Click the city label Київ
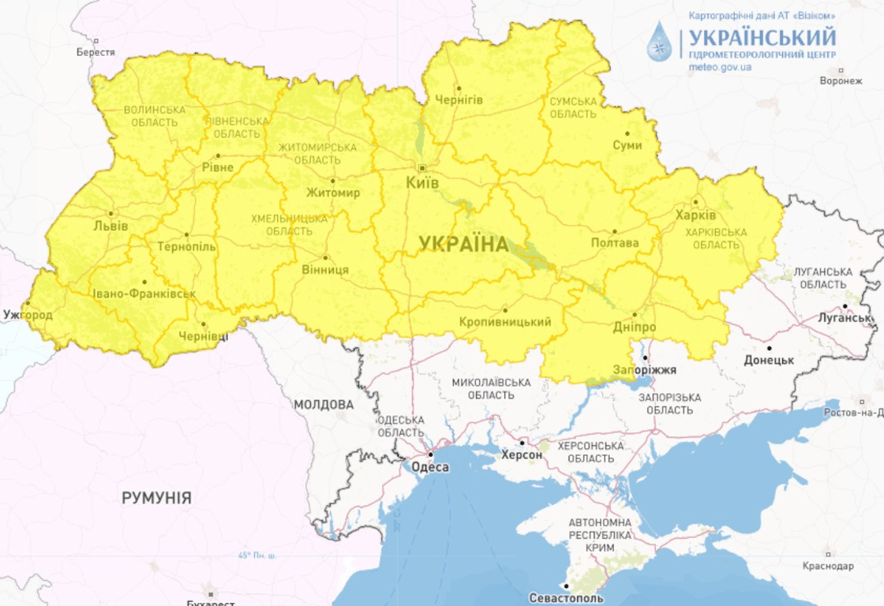[423, 182]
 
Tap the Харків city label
[695, 215]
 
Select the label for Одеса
[430, 468]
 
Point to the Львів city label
[110, 226]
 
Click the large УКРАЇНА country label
[463, 245]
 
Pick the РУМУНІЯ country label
[156, 498]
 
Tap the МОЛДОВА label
[324, 405]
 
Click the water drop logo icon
[659, 42]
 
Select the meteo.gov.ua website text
[720, 68]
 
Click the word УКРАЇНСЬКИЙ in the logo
[762, 37]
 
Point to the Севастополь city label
[567, 597]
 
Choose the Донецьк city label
[768, 360]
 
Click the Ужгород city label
[28, 315]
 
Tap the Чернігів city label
[459, 100]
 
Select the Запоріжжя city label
[645, 369]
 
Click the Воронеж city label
[841, 80]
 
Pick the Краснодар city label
[827, 567]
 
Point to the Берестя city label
[96, 52]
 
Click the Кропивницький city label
[505, 322]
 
